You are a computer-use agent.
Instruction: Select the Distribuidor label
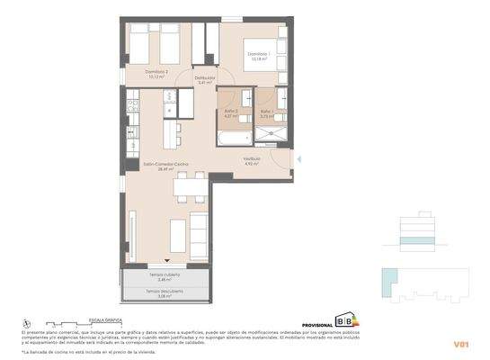204,81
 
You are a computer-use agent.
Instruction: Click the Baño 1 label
266,113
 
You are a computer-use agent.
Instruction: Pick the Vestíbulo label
253,162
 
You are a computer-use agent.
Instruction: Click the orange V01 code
461,344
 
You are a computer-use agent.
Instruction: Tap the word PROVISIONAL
317,323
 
